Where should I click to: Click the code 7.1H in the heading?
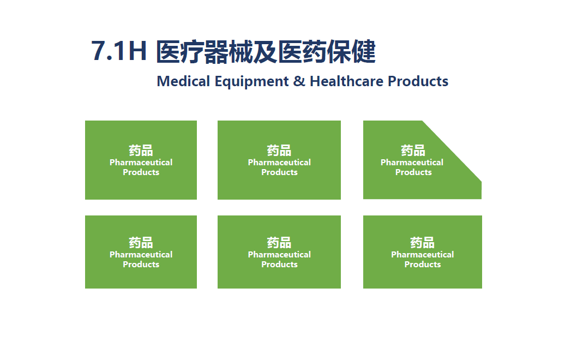118,51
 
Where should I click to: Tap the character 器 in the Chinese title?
217,51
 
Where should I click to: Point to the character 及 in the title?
265,51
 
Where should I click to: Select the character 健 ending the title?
364,51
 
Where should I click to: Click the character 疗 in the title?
192,51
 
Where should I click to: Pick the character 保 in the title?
339,51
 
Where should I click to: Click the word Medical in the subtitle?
183,81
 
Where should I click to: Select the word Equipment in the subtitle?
252,82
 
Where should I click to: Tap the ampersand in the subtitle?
299,81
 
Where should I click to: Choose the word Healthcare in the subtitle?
347,81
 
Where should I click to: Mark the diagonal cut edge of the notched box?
452,151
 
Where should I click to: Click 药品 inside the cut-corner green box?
413,151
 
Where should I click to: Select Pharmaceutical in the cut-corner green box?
412,163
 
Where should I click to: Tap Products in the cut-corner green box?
413,172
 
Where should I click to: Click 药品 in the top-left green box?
141,151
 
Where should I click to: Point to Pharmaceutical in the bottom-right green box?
423,254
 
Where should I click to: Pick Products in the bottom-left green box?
141,265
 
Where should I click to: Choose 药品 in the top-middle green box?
279,151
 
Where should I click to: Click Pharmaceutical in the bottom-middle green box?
279,254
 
